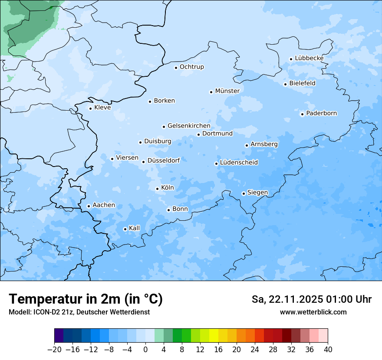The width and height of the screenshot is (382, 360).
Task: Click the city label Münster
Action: pyautogui.click(x=227, y=91)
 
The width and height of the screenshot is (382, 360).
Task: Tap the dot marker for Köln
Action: pyautogui.click(x=157, y=189)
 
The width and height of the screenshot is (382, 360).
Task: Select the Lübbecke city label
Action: pyautogui.click(x=309, y=58)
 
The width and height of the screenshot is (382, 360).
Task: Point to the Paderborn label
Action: pyautogui.click(x=321, y=113)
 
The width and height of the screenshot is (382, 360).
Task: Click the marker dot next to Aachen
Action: pyautogui.click(x=89, y=206)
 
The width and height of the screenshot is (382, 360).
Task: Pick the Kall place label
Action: pyautogui.click(x=134, y=228)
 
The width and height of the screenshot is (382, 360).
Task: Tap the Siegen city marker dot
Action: pyautogui.click(x=244, y=193)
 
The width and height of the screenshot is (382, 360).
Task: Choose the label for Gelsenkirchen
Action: pyautogui.click(x=189, y=126)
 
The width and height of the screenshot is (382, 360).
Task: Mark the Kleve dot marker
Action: pyautogui.click(x=90, y=108)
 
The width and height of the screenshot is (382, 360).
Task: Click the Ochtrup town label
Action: pyautogui.click(x=191, y=67)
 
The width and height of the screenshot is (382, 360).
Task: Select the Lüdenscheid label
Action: pyautogui.click(x=239, y=163)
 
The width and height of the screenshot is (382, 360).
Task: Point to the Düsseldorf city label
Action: pyautogui.click(x=164, y=160)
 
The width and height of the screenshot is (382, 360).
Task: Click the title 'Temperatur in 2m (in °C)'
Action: pyautogui.click(x=86, y=299)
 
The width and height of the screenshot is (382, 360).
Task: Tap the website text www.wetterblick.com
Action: pyautogui.click(x=313, y=312)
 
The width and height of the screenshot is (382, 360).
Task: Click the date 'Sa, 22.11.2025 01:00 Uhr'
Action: pyautogui.click(x=311, y=299)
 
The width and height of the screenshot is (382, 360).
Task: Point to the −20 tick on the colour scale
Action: pyautogui.click(x=54, y=350)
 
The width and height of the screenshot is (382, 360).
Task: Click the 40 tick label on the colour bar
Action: pyautogui.click(x=327, y=350)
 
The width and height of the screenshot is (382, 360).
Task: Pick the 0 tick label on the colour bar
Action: pyautogui.click(x=145, y=350)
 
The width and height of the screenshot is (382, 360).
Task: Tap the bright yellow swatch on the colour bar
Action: pyautogui.click(x=214, y=336)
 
